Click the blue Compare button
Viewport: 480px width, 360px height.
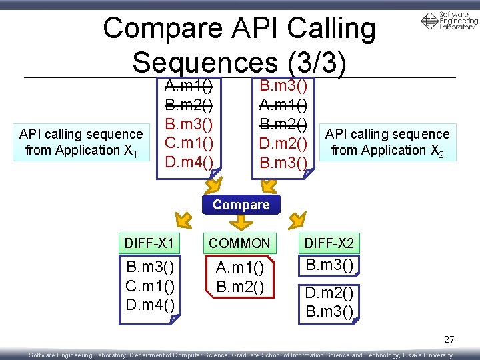[241, 205]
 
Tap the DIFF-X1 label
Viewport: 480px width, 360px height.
[149, 243]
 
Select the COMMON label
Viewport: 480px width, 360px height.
[240, 243]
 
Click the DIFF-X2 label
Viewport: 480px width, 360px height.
[329, 243]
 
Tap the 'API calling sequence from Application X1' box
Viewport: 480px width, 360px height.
[81, 142]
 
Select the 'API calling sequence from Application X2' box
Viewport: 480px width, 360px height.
[387, 142]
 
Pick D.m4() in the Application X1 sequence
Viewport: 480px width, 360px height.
[189, 162]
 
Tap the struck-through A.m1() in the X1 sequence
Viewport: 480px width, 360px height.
[189, 86]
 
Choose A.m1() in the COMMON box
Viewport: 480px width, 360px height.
[240, 269]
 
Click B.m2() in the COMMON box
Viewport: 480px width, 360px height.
[240, 287]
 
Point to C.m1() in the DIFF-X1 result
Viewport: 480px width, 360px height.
[150, 287]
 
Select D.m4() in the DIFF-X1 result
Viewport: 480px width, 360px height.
[150, 305]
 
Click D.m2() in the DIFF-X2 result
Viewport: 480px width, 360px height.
[329, 293]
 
